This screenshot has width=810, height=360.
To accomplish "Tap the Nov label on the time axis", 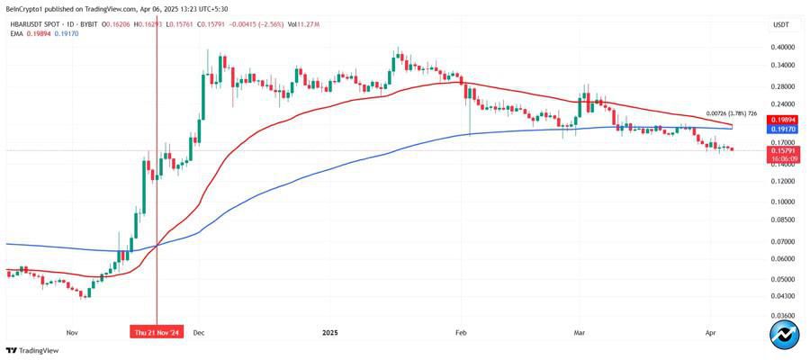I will [x=73, y=331].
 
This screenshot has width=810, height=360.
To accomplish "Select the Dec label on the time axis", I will [x=200, y=331].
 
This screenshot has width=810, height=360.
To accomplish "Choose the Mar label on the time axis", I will [x=580, y=331].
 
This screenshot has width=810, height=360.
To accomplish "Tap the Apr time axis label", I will [x=711, y=331].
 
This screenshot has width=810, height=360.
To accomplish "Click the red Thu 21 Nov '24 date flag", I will [x=157, y=331].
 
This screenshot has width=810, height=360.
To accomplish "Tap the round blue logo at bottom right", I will [x=785, y=335].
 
